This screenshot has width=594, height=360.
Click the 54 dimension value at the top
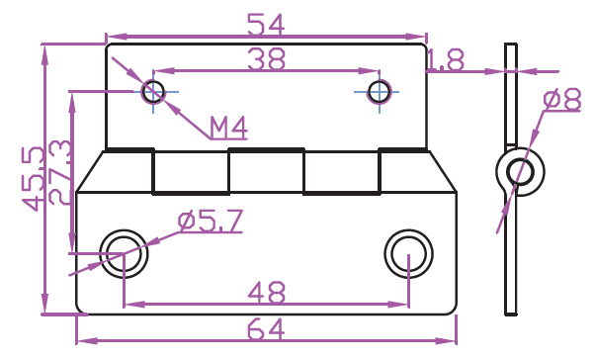[266, 25]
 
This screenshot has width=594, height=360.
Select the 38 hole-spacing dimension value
[266, 59]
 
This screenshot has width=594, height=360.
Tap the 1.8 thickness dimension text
[445, 60]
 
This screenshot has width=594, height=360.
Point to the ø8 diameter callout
[562, 99]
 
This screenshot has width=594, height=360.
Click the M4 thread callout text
[228, 128]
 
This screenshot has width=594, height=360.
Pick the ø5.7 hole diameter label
[211, 221]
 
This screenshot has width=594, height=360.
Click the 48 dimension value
[266, 292]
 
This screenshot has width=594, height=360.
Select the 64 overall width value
[266, 329]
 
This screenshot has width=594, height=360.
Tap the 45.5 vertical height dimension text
[34, 178]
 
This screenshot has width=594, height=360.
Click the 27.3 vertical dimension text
[60, 172]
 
